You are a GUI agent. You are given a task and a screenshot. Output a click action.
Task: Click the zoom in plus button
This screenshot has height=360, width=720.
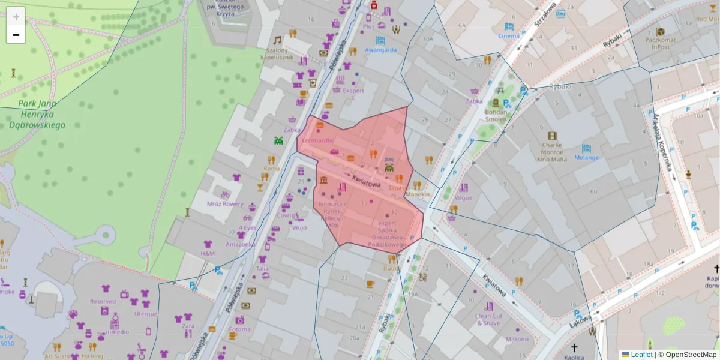point(16,16)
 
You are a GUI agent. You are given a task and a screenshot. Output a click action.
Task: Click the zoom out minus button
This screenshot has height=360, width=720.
point(16,35)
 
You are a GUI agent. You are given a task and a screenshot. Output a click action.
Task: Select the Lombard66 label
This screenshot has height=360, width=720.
point(318,140)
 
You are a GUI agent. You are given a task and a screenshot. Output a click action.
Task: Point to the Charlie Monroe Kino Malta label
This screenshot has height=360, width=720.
point(551,151)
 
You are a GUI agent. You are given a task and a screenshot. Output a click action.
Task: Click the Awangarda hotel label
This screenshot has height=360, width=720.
point(380,50)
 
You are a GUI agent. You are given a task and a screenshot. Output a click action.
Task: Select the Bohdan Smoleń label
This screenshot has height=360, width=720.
point(496,115)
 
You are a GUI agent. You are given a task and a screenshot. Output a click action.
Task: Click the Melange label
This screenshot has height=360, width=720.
point(586,157)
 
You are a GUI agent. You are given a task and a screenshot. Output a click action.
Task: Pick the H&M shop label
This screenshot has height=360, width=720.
point(208,254)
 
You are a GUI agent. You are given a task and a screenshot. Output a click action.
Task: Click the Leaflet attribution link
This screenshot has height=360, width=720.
point(641,355)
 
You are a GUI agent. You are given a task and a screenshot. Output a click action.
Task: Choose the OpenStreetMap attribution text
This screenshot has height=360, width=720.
point(687,355)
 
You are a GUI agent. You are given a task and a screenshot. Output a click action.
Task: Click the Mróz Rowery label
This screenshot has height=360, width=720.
point(225,203)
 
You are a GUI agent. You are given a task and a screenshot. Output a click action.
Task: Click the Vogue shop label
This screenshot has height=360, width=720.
point(463,197)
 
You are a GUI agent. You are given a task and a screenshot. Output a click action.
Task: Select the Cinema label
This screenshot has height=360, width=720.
point(509,35)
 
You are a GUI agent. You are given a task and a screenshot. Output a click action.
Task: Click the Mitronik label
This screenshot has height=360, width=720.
point(517,339)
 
